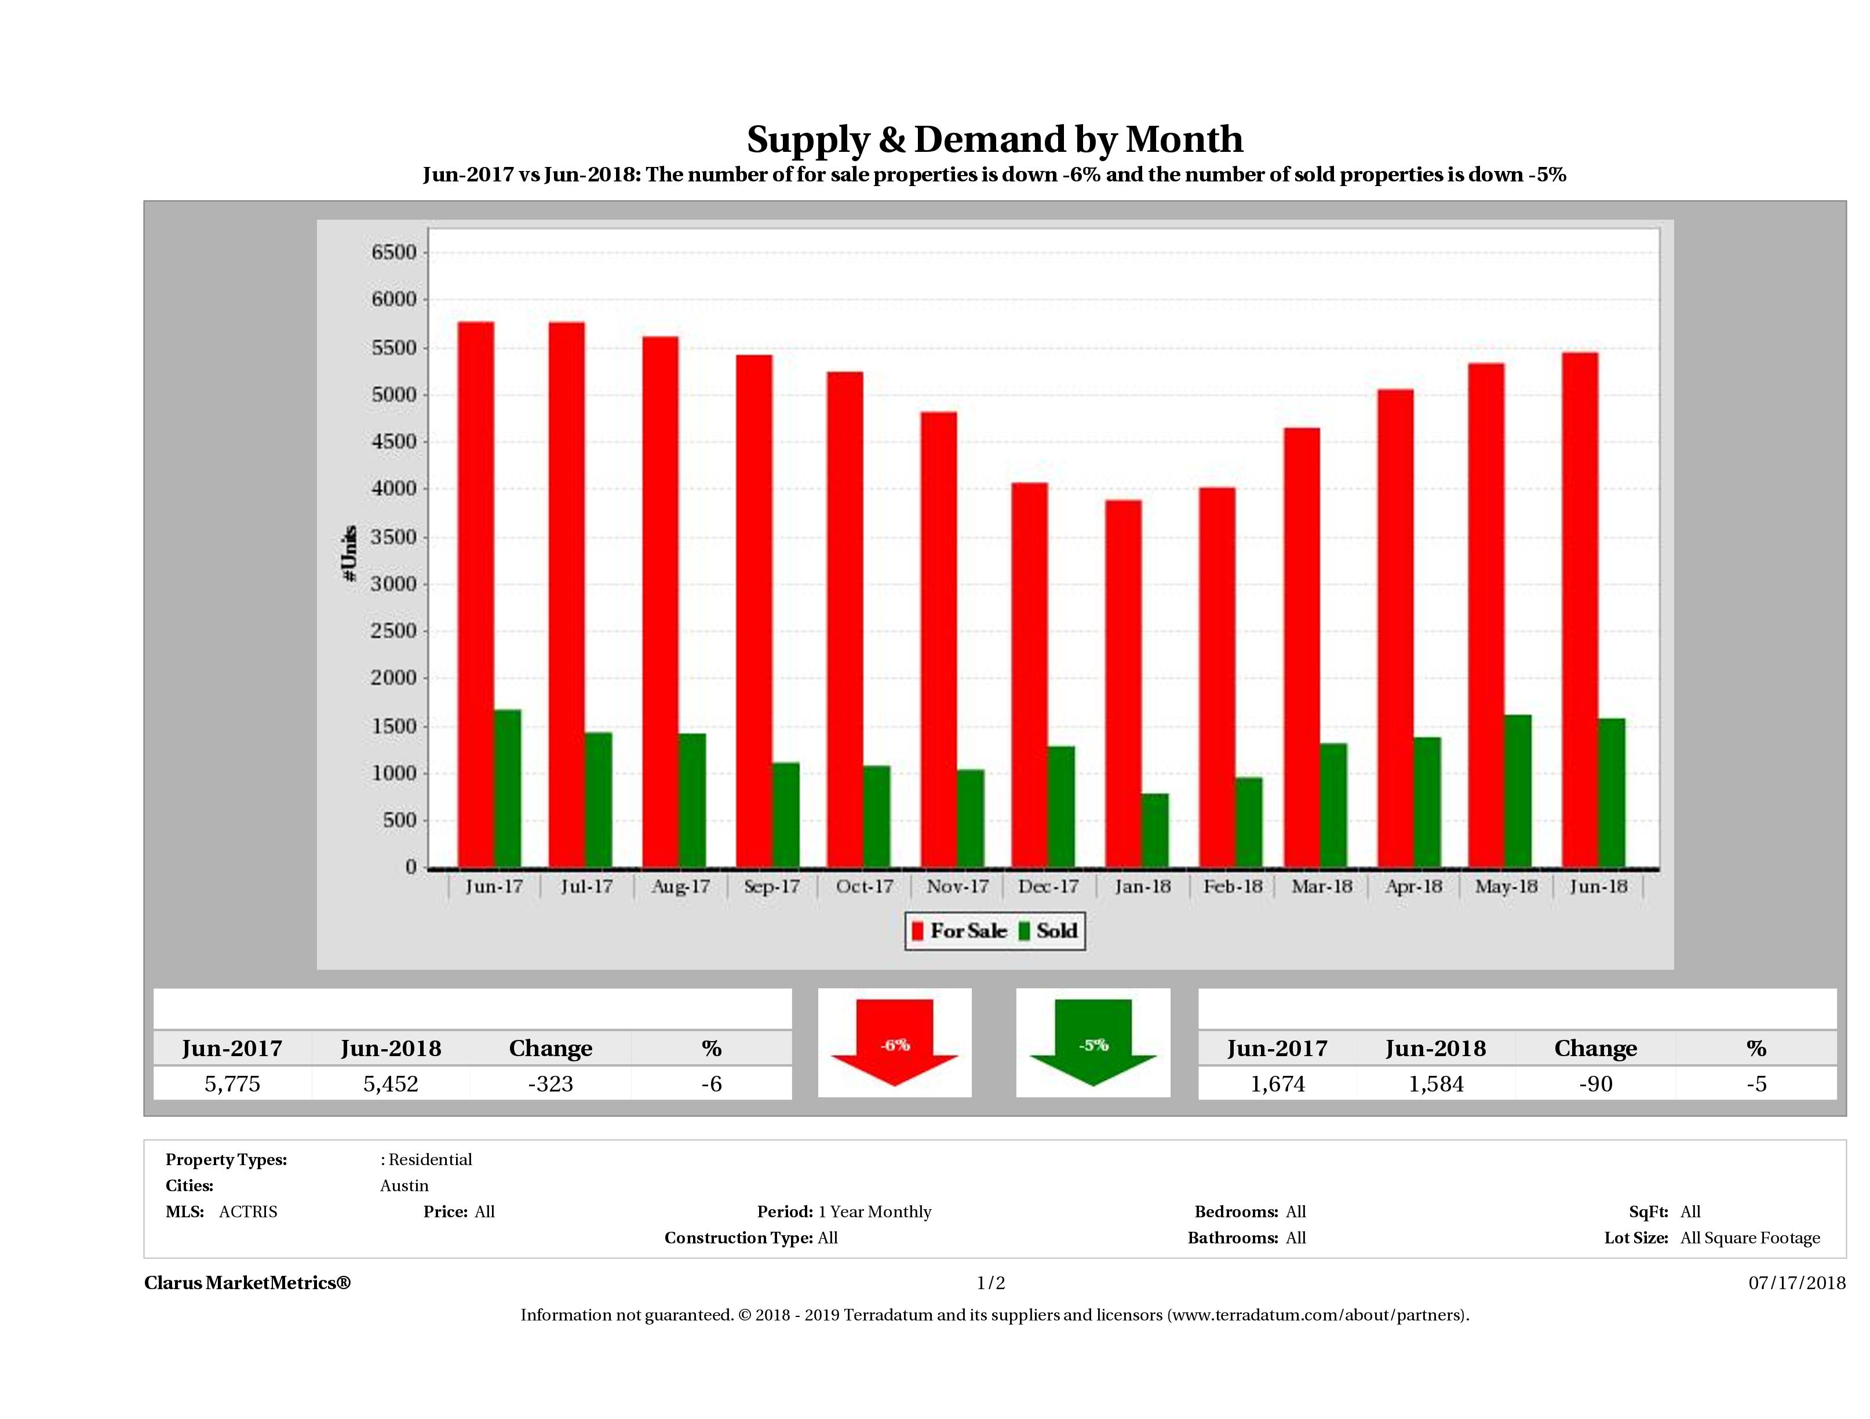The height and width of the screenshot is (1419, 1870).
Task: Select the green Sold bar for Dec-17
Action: coord(1061,807)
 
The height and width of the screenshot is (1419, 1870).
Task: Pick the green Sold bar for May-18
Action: coord(1518,791)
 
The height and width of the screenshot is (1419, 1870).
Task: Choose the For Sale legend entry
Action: coord(960,931)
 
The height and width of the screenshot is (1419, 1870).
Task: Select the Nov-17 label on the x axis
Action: coord(957,886)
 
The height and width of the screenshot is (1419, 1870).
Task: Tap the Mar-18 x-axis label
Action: coord(1321,886)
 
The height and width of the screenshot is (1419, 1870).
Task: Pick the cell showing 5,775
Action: coord(232,1084)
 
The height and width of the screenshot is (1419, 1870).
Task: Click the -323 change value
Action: coord(551,1084)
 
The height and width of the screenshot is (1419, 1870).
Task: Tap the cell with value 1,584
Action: coord(1435,1084)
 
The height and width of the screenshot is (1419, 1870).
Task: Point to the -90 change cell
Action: coord(1595,1084)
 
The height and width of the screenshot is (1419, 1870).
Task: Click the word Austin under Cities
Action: coord(404,1185)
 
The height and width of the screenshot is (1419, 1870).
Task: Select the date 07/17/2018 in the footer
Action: coord(1796,1283)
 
